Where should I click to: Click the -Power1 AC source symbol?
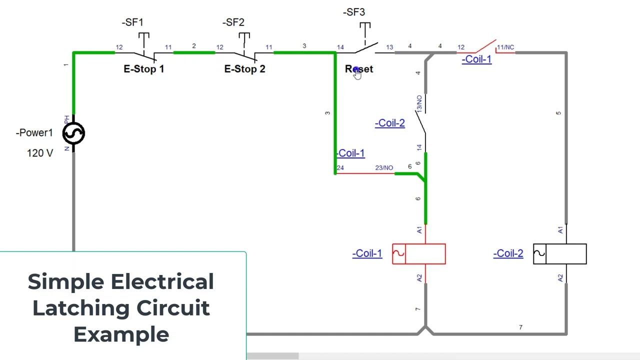[73, 133]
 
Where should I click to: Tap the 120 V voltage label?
[40, 153]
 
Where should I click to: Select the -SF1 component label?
[132, 22]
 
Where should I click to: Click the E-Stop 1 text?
[143, 69]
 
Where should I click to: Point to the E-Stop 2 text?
[244, 69]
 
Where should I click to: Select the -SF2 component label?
[233, 22]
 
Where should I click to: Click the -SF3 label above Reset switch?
[354, 12]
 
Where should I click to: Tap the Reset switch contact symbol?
[366, 48]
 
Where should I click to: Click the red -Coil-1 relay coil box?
[419, 254]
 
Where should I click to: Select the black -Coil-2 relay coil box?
[560, 254]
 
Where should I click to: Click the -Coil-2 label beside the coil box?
[508, 253]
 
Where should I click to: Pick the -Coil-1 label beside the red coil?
[367, 253]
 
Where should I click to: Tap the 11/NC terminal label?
[505, 47]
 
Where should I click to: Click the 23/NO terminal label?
[384, 168]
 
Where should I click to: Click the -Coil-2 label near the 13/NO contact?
[389, 123]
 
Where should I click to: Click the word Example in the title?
[121, 334]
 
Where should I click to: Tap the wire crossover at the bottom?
[425, 330]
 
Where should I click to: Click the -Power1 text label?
[34, 133]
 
